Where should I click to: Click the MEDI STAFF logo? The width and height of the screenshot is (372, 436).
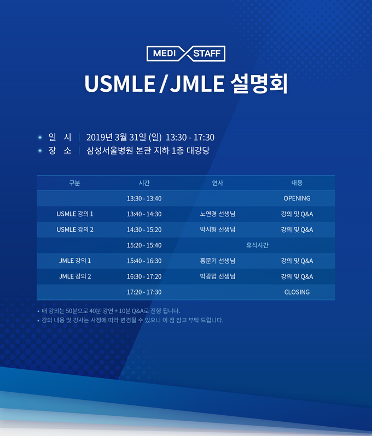[185, 54]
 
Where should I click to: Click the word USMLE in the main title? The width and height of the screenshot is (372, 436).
[120, 84]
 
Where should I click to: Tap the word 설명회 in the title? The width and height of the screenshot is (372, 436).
[259, 84]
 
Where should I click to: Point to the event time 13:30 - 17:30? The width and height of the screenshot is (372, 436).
[190, 137]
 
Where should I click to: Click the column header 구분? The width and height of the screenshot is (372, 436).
[74, 183]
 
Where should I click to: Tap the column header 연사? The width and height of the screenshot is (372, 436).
[218, 183]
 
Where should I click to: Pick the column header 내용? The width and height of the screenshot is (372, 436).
[297, 183]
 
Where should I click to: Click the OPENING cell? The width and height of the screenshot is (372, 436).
[297, 198]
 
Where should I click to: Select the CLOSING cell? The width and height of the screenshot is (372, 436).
[297, 292]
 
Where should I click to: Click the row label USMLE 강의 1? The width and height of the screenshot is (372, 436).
[75, 214]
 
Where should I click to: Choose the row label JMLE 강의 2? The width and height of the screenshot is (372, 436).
[75, 276]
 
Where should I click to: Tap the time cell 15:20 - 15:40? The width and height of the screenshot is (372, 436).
[144, 245]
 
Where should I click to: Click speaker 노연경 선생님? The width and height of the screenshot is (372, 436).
[218, 214]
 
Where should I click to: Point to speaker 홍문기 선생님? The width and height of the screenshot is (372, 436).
[218, 261]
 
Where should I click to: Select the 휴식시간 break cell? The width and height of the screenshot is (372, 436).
[257, 245]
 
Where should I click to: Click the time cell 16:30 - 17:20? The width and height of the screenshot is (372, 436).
[144, 276]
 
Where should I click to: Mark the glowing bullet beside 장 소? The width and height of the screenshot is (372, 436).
[40, 151]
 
